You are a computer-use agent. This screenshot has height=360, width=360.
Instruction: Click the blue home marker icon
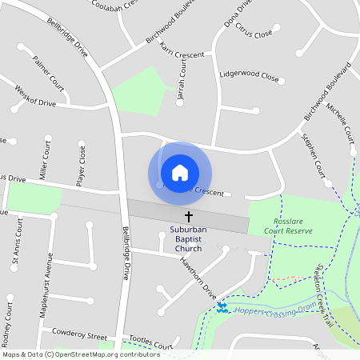180,173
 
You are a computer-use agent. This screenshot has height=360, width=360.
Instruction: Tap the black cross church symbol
190,217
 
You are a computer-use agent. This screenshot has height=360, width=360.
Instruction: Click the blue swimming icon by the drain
222,307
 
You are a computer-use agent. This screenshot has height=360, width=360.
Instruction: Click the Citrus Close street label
253,34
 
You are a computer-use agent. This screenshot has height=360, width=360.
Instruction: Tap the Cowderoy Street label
79,333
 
